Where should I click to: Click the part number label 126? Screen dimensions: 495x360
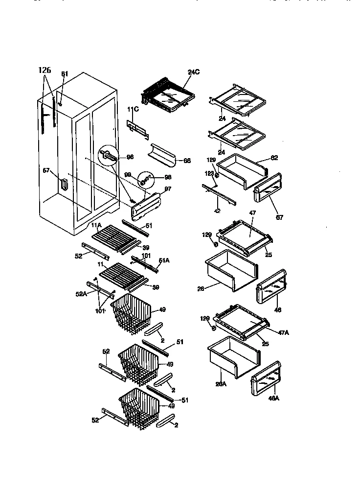(45, 71)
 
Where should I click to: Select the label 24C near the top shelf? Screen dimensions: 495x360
(194, 72)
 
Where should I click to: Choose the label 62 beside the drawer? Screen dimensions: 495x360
(274, 159)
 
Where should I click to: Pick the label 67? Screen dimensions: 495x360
(279, 217)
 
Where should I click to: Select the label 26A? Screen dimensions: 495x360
(221, 384)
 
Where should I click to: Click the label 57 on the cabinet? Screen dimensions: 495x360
(46, 170)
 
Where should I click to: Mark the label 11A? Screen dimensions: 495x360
(96, 225)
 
